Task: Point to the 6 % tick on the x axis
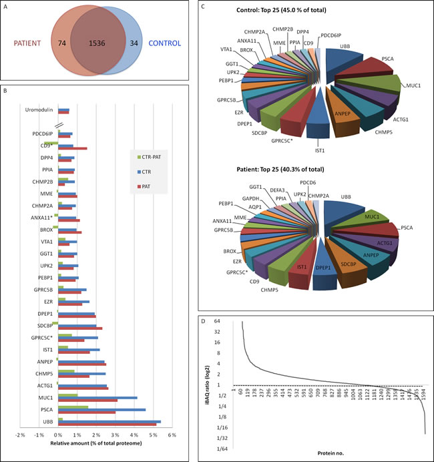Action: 171,435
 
